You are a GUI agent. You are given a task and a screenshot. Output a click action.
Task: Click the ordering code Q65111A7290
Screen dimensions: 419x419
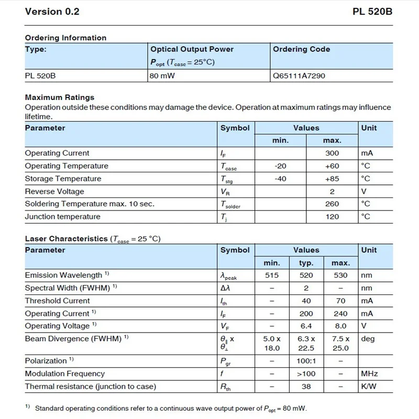[299, 76]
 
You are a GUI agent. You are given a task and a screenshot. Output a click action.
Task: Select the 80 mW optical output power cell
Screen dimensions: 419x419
[160, 76]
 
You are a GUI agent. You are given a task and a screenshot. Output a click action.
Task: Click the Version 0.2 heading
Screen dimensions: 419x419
[52, 12]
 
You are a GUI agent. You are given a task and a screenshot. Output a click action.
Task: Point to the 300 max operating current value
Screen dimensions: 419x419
[332, 153]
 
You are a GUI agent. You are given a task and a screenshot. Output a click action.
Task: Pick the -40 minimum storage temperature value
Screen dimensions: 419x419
[280, 179]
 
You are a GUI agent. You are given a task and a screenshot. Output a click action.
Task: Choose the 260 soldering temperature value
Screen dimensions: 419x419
[332, 204]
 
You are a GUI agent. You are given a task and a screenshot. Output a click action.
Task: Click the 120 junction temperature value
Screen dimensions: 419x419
[332, 217]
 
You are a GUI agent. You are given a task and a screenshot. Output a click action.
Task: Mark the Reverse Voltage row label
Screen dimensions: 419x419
[54, 192]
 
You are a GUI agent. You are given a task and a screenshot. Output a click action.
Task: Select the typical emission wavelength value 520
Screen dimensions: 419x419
[306, 275]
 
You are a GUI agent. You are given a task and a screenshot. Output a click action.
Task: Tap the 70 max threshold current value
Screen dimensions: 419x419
[340, 301]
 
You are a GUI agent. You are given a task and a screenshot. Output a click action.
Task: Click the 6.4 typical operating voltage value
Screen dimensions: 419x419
[306, 326]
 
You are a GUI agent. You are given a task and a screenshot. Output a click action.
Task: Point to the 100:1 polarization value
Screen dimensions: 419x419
[306, 361]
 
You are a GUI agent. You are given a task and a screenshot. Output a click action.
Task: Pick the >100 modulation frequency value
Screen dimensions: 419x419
[306, 374]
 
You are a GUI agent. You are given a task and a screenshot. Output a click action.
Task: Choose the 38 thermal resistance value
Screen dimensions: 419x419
[306, 387]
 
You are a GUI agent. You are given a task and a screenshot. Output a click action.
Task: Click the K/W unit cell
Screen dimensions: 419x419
[369, 387]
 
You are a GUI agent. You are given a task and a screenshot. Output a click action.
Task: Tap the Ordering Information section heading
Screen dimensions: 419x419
[65, 38]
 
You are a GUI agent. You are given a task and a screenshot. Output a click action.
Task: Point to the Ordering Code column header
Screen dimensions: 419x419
[302, 49]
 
